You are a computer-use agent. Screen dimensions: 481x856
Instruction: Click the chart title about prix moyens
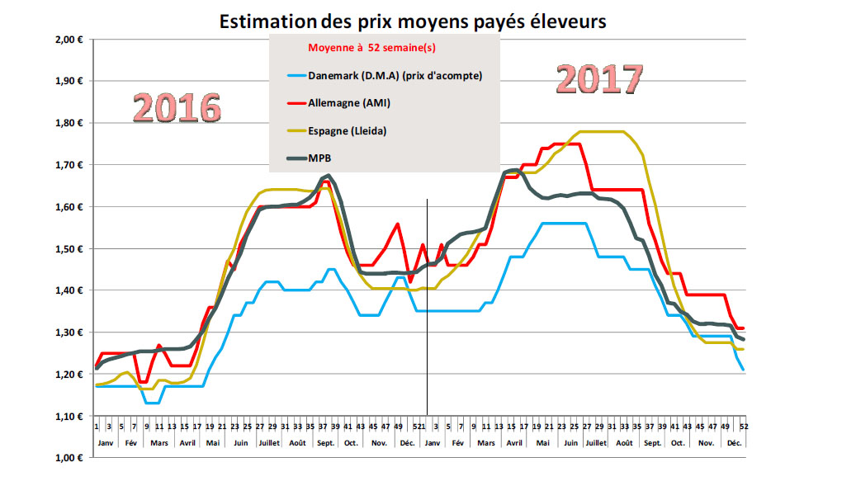[413, 21]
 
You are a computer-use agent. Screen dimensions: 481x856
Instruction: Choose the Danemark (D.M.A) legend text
[395, 76]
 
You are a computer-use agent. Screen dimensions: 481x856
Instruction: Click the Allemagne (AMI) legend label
[350, 103]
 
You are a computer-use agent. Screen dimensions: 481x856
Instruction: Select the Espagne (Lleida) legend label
[349, 130]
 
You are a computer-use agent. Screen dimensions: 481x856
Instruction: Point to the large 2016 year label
[177, 108]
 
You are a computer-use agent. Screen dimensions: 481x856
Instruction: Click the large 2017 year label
[598, 79]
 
